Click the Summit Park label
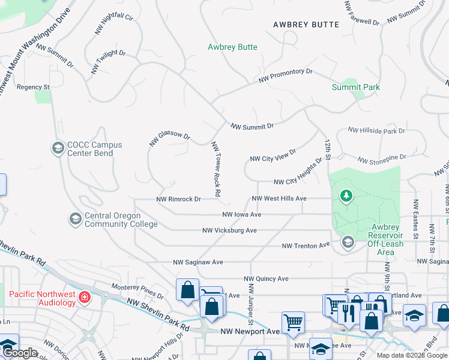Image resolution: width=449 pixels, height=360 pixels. click(356, 87)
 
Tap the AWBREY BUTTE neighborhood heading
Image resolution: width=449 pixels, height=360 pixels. click(306, 25)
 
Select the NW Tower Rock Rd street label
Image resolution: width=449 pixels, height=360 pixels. click(215, 169)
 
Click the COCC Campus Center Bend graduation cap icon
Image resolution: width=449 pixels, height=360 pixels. click(58, 148)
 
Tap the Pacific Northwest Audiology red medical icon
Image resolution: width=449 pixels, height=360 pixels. click(85, 297)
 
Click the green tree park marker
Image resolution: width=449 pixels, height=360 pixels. click(346, 196)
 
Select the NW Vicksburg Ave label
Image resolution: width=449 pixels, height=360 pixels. click(229, 230)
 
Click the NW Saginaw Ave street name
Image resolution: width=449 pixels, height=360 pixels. click(198, 262)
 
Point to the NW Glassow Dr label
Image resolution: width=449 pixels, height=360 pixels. click(169, 139)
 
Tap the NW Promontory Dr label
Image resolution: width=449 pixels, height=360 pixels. click(286, 76)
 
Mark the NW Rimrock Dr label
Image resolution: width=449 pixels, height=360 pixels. click(178, 199)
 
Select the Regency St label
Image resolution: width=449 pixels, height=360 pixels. click(33, 87)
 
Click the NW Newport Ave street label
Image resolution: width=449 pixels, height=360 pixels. click(250, 331)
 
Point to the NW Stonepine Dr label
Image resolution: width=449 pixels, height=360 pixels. click(382, 158)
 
